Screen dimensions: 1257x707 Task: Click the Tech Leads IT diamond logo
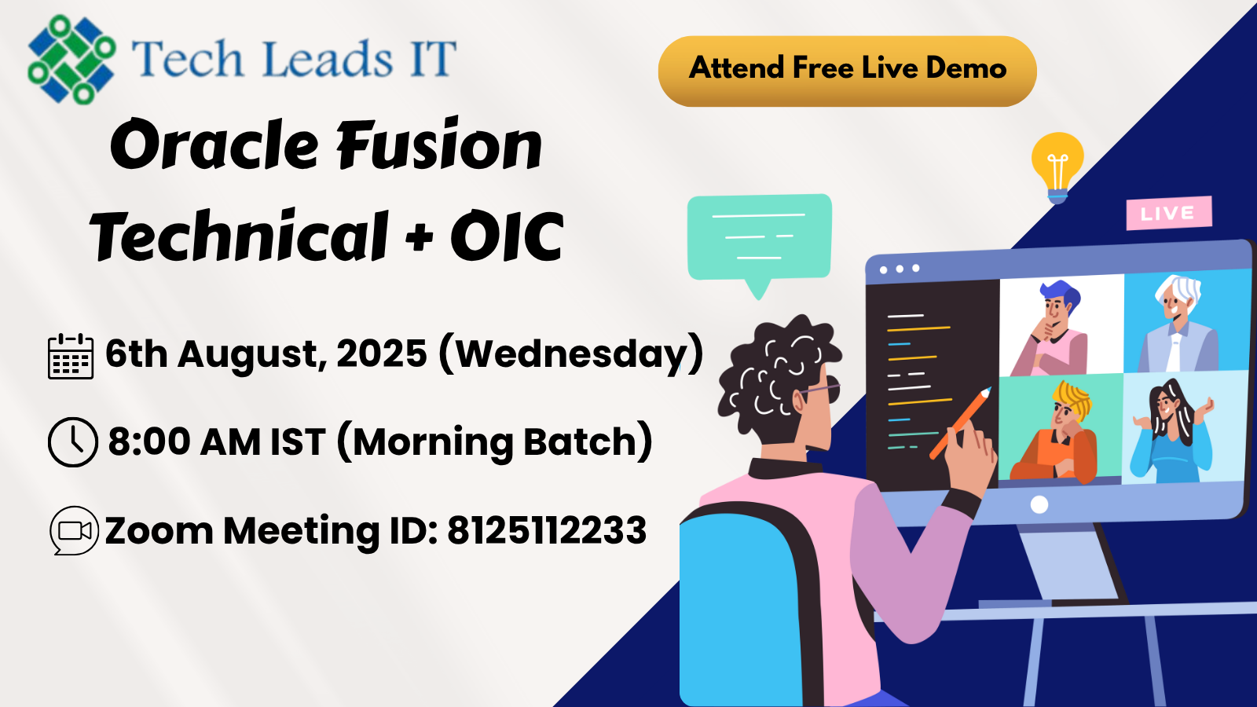[x=71, y=59]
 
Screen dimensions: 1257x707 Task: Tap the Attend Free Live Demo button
[x=848, y=71]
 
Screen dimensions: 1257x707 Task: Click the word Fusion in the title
[x=438, y=145]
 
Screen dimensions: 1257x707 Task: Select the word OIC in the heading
[x=507, y=236]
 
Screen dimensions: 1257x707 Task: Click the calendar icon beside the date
[x=71, y=357]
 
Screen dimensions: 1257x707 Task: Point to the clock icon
[x=73, y=442]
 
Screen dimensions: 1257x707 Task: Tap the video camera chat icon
[x=74, y=531]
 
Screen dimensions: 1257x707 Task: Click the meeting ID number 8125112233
[x=547, y=530]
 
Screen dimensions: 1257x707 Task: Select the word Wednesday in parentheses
[x=570, y=354]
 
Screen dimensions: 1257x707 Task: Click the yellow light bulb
[x=1057, y=167]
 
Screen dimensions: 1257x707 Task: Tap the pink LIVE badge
[x=1169, y=213]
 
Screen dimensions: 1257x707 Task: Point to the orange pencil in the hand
[x=960, y=423]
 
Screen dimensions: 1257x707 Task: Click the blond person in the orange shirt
[x=1055, y=432]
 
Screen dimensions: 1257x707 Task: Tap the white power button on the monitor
[x=1039, y=504]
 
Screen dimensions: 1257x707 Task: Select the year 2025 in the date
[x=382, y=353]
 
